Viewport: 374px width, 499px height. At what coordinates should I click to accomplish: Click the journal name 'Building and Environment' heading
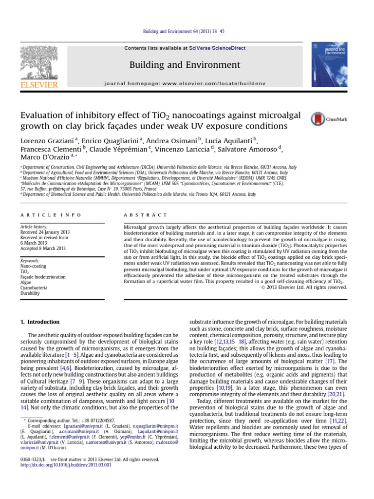[185, 65]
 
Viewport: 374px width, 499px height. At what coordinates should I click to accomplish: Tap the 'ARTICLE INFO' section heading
[44, 215]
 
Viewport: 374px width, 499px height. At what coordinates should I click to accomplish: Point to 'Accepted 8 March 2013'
[43, 248]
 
